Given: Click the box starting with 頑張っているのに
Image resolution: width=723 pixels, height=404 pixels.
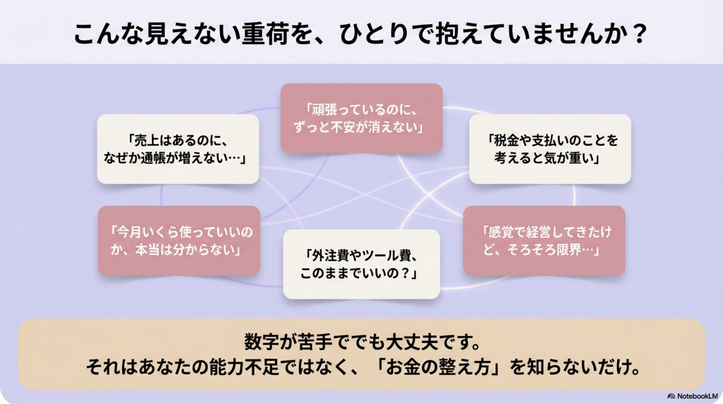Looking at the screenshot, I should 361,118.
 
